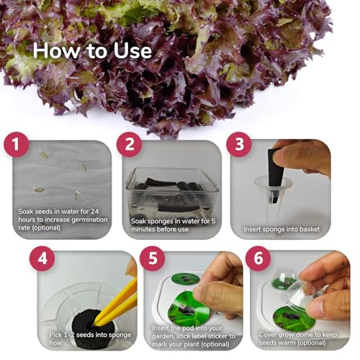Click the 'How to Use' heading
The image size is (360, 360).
click(92, 51)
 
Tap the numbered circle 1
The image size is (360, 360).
click(17, 145)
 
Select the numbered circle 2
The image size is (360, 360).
click(130, 145)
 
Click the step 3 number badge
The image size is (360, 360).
click(239, 145)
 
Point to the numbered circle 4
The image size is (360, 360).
click(42, 258)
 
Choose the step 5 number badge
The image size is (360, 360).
click(153, 258)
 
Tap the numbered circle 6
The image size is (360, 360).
click(258, 258)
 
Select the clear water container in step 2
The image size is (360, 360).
click(172, 192)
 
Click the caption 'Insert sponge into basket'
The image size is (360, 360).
click(282, 229)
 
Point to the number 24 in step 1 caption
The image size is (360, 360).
click(94, 212)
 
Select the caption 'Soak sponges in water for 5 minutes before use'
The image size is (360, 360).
click(173, 225)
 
